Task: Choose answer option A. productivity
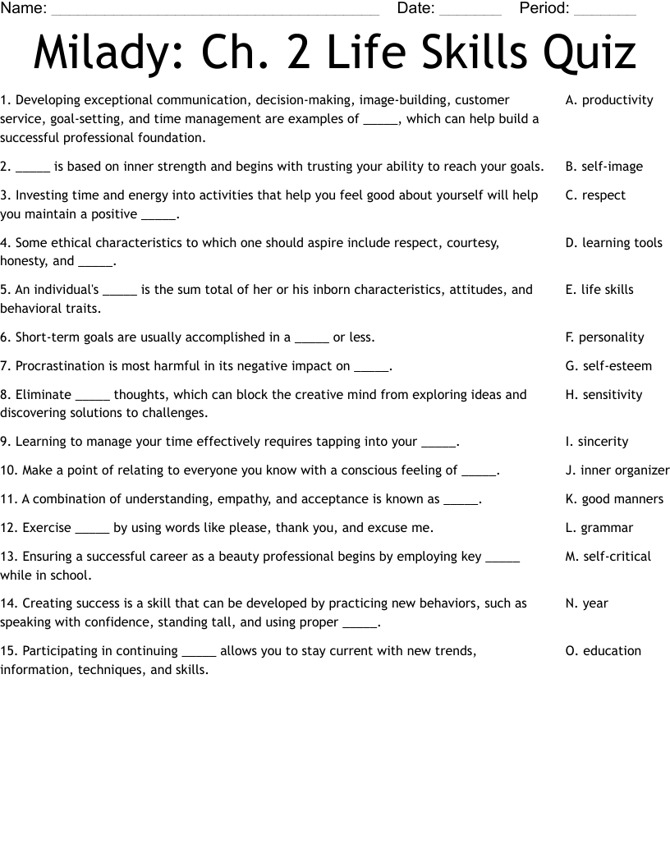609,100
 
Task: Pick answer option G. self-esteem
608,366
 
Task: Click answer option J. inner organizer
617,470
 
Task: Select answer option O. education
603,651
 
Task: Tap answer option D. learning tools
613,243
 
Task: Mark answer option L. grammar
599,528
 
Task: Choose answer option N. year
587,603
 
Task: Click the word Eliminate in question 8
44,395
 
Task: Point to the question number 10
9,470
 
